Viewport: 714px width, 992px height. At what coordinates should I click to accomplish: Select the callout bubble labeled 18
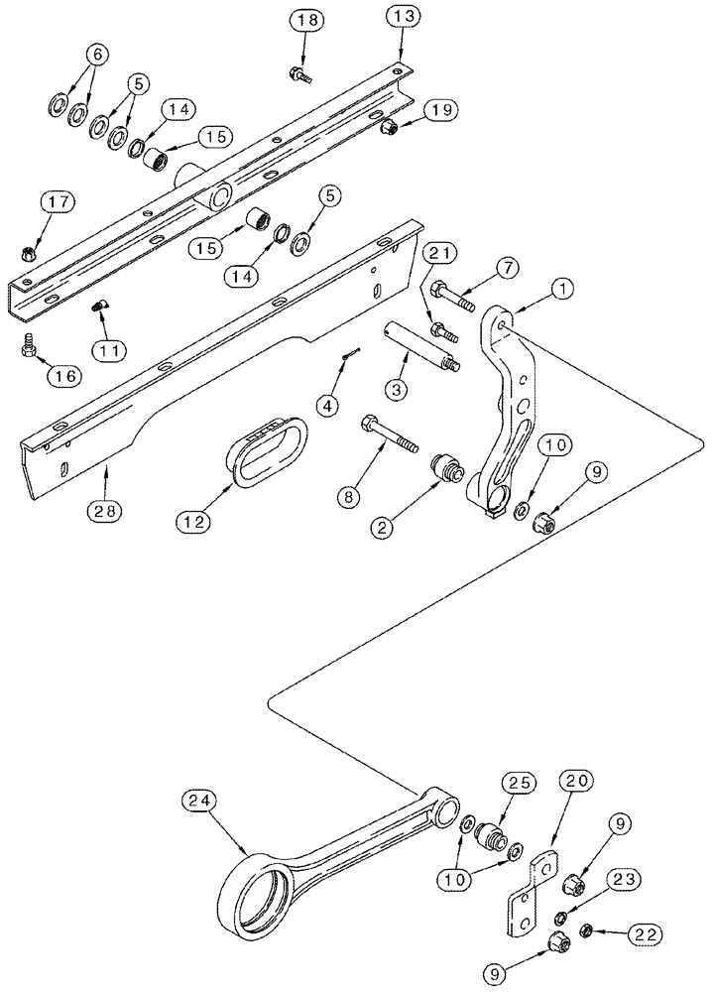coord(304,21)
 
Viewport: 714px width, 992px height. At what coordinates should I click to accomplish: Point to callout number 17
coord(56,202)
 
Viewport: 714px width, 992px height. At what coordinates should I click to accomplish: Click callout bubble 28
coord(107,511)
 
